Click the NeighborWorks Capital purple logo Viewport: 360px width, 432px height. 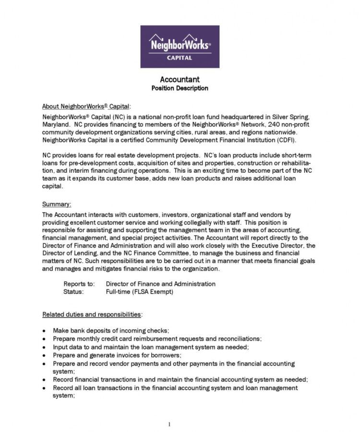[180, 47]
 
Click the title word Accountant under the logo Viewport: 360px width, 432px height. [180, 80]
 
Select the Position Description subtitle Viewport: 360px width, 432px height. [180, 88]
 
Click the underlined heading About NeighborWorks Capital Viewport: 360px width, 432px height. [86, 106]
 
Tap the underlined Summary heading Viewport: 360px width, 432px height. [57, 204]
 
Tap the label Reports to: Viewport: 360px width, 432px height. [79, 284]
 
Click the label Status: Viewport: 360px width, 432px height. [73, 291]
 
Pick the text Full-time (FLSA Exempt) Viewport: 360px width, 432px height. [140, 291]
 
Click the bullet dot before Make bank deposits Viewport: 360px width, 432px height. [44, 331]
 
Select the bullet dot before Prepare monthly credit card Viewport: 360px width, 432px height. [44, 338]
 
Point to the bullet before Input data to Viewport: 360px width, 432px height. [44, 347]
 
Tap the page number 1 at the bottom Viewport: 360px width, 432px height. [169, 424]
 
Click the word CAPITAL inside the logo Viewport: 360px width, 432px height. [180, 58]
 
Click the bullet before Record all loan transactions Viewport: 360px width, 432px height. [44, 387]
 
